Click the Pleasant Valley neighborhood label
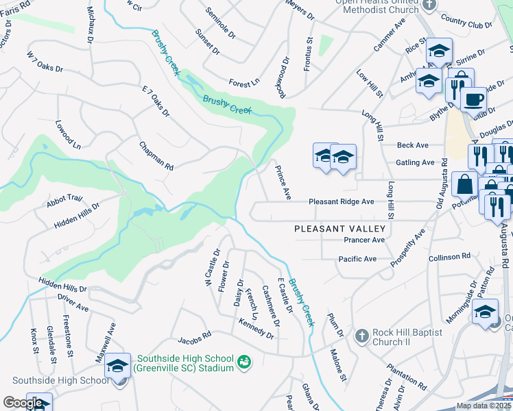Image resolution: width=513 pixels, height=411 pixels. click(x=341, y=229)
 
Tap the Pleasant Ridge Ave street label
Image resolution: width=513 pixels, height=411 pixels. click(x=341, y=202)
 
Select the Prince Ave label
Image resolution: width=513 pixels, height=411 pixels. click(x=283, y=182)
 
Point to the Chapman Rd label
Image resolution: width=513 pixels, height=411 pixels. click(x=156, y=156)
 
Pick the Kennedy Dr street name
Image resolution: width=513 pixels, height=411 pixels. click(x=256, y=329)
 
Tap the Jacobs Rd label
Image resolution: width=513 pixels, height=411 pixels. click(x=194, y=338)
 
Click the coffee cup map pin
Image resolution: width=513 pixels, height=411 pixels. click(x=473, y=100)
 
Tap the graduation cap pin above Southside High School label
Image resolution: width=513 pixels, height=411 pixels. click(x=118, y=366)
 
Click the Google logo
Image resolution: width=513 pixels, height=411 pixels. click(x=22, y=403)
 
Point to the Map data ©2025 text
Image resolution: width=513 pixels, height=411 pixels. click(x=483, y=406)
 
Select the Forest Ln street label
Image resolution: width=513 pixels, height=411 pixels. click(x=244, y=82)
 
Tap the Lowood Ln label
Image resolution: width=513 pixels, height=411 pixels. click(x=69, y=134)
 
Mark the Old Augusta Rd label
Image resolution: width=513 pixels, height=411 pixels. click(x=442, y=184)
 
